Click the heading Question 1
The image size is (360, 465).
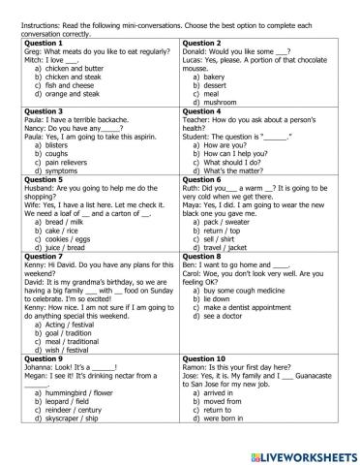point(40,44)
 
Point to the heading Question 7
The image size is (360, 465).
point(40,256)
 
